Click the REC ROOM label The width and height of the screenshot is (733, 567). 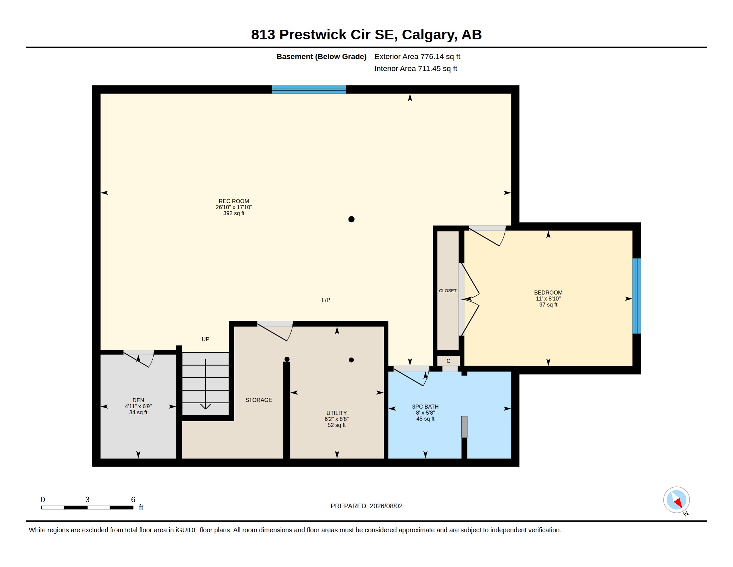(x=234, y=201)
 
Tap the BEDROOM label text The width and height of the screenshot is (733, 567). (x=548, y=293)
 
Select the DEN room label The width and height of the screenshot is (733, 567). (x=138, y=400)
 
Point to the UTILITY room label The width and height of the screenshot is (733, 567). (x=337, y=413)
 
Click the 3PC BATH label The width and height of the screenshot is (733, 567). (x=425, y=407)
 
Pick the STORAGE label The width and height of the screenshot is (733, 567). (x=259, y=400)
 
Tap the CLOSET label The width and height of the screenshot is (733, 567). (x=448, y=291)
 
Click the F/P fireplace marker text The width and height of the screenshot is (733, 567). (x=326, y=300)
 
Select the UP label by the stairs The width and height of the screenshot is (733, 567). (x=205, y=339)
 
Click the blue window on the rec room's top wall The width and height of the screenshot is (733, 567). (x=309, y=89)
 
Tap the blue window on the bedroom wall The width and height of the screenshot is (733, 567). (x=636, y=296)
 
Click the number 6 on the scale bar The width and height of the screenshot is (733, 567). (x=133, y=500)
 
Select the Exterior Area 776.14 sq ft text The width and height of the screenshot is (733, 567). (x=417, y=56)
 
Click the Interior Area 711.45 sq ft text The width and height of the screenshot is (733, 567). (x=415, y=68)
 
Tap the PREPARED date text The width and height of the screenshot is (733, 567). (x=366, y=506)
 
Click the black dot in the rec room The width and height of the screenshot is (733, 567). (x=352, y=219)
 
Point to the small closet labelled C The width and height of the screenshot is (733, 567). (x=448, y=361)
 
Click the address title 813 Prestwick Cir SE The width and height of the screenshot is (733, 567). (x=324, y=35)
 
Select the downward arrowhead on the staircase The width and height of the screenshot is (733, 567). (x=205, y=407)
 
